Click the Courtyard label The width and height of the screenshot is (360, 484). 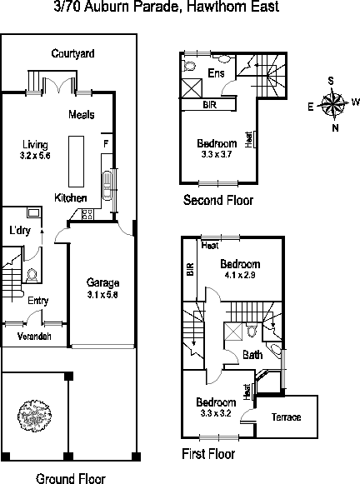click(x=72, y=53)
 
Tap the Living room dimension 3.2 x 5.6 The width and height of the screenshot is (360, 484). click(x=35, y=156)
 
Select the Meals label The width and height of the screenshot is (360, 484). click(x=81, y=114)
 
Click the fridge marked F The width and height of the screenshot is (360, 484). click(x=106, y=143)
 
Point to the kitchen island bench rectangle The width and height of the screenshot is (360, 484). click(x=76, y=162)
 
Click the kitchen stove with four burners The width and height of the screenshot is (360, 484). click(x=87, y=214)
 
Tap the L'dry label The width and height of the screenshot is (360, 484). click(x=20, y=230)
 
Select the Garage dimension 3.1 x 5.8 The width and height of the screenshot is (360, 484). click(x=102, y=294)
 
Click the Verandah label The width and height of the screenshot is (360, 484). click(x=34, y=337)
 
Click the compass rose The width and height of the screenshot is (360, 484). click(x=333, y=104)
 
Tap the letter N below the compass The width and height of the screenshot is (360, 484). click(x=335, y=127)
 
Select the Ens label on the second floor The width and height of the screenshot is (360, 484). click(x=216, y=73)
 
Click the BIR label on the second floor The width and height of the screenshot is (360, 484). click(x=210, y=105)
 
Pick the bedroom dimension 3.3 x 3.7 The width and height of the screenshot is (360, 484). click(x=217, y=154)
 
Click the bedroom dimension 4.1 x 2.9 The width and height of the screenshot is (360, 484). click(x=240, y=275)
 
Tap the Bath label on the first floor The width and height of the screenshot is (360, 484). click(x=252, y=355)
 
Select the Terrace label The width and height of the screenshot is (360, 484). click(x=286, y=417)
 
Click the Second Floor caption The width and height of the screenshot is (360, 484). click(x=218, y=200)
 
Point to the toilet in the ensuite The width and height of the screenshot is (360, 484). click(x=188, y=66)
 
